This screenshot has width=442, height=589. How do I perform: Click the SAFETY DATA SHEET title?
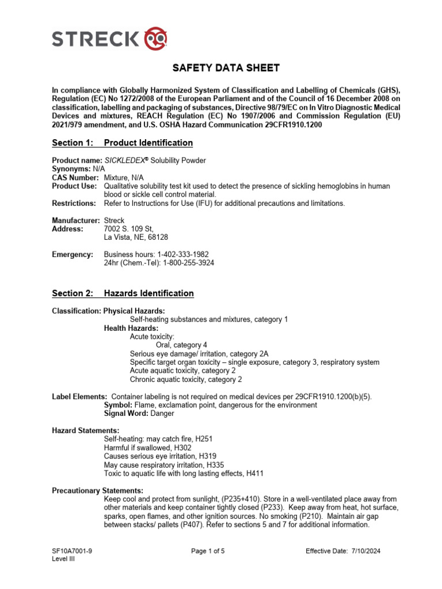pos(218,68)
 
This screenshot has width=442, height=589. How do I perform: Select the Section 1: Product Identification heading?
pos(122,143)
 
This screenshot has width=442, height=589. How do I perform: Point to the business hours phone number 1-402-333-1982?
pos(180,254)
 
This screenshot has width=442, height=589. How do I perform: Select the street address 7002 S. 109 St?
pos(129,229)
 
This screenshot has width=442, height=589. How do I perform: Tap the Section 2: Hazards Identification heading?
pos(123,293)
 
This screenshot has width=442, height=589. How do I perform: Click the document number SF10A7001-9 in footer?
pos(72,551)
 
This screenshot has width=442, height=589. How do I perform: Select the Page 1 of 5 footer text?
pos(208,551)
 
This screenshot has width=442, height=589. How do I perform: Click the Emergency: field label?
pos(73,254)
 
